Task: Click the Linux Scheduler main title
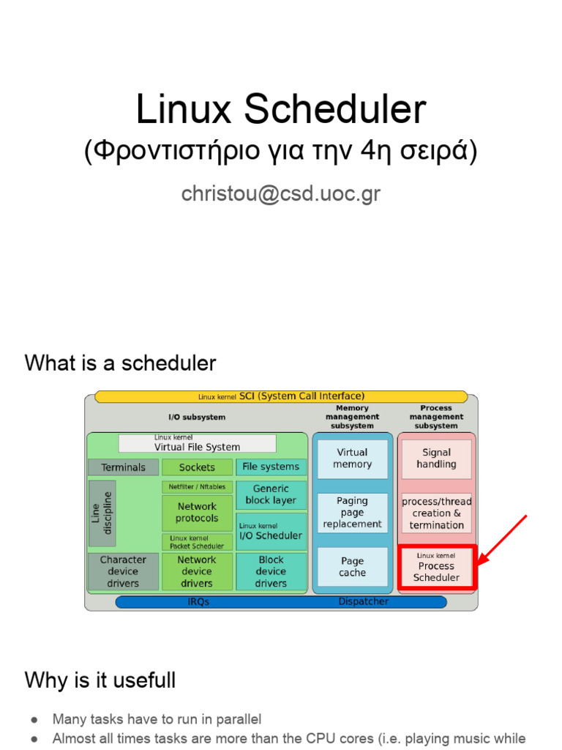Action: coord(280,110)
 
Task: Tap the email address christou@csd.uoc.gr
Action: coord(280,193)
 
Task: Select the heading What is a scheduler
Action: coord(120,363)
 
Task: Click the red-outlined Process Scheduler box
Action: coord(437,567)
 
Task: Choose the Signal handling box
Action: coord(437,458)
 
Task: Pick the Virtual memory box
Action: coord(352,458)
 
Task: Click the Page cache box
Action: coord(352,567)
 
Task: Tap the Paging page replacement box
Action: coord(352,513)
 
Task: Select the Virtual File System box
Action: coord(197,444)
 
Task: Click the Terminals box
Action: coord(123,467)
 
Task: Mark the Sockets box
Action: coord(197,467)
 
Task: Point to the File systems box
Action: coord(271,467)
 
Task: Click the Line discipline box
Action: coord(102,513)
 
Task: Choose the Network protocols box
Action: coord(197,512)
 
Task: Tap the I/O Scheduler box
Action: coord(271,532)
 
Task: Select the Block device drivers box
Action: coord(271,571)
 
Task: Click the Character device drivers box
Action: coord(123,571)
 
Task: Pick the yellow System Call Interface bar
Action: coord(281,396)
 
